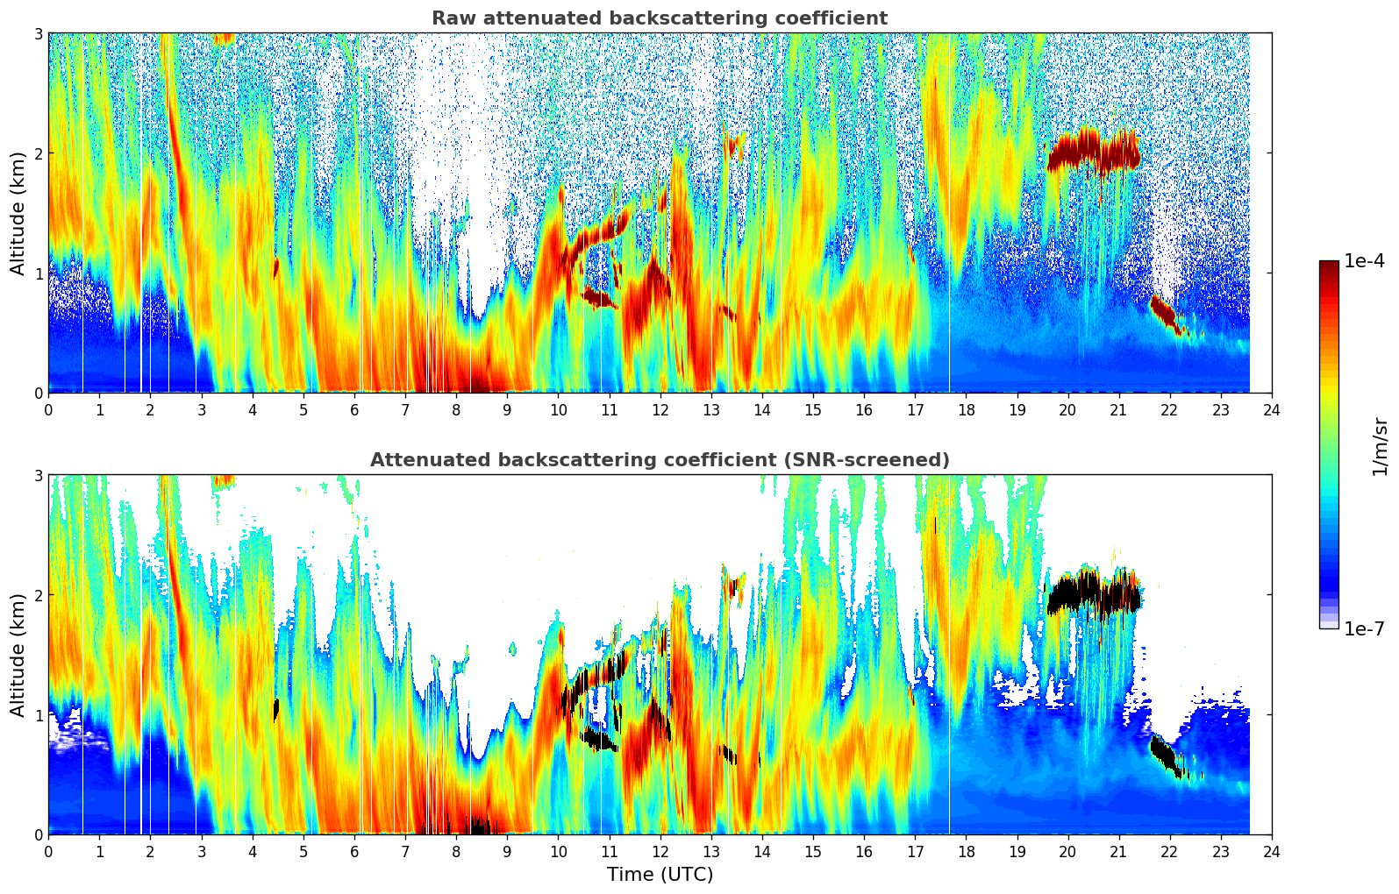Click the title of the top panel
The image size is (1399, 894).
[659, 18]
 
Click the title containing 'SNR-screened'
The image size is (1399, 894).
[659, 460]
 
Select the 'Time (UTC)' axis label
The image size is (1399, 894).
[660, 875]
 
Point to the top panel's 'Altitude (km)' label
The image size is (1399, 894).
[18, 212]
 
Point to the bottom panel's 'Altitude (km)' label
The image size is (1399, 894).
[18, 654]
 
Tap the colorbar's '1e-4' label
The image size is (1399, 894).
[1364, 261]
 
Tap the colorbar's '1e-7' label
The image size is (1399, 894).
[1364, 628]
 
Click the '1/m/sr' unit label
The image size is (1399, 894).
[1380, 445]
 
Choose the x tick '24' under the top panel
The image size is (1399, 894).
[1271, 410]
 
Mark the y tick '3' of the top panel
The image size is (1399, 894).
[38, 33]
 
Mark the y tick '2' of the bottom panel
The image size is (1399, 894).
[38, 595]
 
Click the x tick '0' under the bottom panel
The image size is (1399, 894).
[48, 852]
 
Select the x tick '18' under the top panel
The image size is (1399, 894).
[966, 410]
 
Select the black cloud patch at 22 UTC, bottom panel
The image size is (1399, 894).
[1166, 755]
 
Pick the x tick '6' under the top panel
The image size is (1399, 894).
[354, 410]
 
